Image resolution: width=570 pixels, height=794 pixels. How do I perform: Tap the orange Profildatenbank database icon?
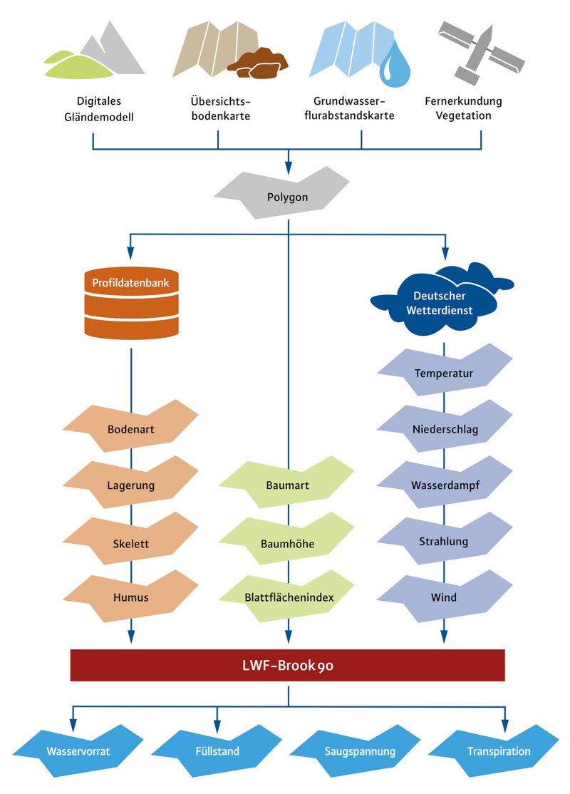131,302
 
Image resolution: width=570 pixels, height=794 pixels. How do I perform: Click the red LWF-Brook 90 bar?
287,666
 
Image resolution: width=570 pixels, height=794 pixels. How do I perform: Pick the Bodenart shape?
131,429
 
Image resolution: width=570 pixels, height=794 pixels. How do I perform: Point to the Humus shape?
131,597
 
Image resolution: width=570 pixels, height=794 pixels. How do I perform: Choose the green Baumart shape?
286,486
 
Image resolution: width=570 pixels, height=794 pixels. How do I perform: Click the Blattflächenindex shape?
286,597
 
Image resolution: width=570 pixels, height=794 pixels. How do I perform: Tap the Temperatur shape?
444,373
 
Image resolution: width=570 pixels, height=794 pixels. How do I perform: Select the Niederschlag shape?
444,429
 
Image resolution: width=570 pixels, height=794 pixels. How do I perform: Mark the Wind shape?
444,597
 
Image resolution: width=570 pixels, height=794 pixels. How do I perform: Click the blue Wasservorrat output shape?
78,751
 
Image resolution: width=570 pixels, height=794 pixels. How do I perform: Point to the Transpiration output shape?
498,751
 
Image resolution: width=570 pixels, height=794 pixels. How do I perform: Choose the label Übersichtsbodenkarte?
217,108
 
